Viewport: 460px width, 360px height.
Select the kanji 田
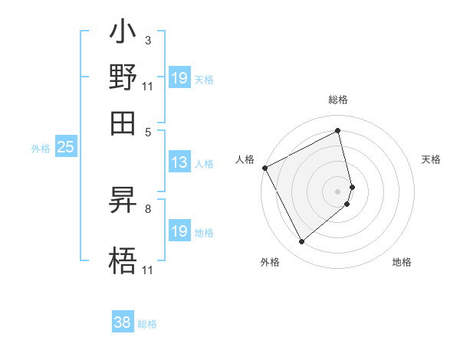coord(123,122)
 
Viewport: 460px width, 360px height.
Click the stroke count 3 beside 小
coord(147,40)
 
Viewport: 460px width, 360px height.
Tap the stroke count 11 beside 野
coord(147,86)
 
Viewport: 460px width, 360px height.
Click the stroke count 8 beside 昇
coord(147,208)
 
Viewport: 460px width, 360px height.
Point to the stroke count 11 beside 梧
coord(147,270)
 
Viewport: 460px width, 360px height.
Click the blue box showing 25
coord(65,147)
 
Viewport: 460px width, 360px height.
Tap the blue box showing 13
coord(179,162)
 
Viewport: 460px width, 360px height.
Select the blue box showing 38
coord(123,322)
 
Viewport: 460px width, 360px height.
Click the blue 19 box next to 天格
coord(179,77)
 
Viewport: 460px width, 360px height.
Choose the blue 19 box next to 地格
coord(179,231)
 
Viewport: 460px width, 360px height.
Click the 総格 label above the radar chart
coord(338,100)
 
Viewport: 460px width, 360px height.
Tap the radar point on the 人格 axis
coord(264,168)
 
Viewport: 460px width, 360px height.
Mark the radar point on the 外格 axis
coord(301,242)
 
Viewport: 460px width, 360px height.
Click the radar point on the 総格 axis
coord(338,130)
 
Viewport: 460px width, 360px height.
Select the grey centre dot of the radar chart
coord(338,191)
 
